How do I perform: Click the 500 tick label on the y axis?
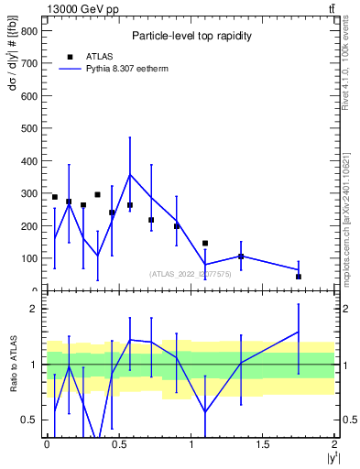pyautogui.click(x=29, y=128)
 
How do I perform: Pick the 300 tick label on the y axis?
pyautogui.click(x=29, y=193)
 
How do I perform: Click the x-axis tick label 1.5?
pyautogui.click(x=262, y=444)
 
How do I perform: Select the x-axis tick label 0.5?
pyautogui.click(x=118, y=444)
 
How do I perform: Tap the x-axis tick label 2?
pyautogui.click(x=335, y=444)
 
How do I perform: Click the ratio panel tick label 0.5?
pyautogui.click(x=29, y=420)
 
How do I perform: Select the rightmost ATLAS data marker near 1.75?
pyautogui.click(x=299, y=277)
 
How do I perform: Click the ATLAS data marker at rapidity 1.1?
pyautogui.click(x=205, y=244)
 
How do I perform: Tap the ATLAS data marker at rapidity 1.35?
pyautogui.click(x=241, y=256)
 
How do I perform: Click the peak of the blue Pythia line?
pyautogui.click(x=130, y=174)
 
